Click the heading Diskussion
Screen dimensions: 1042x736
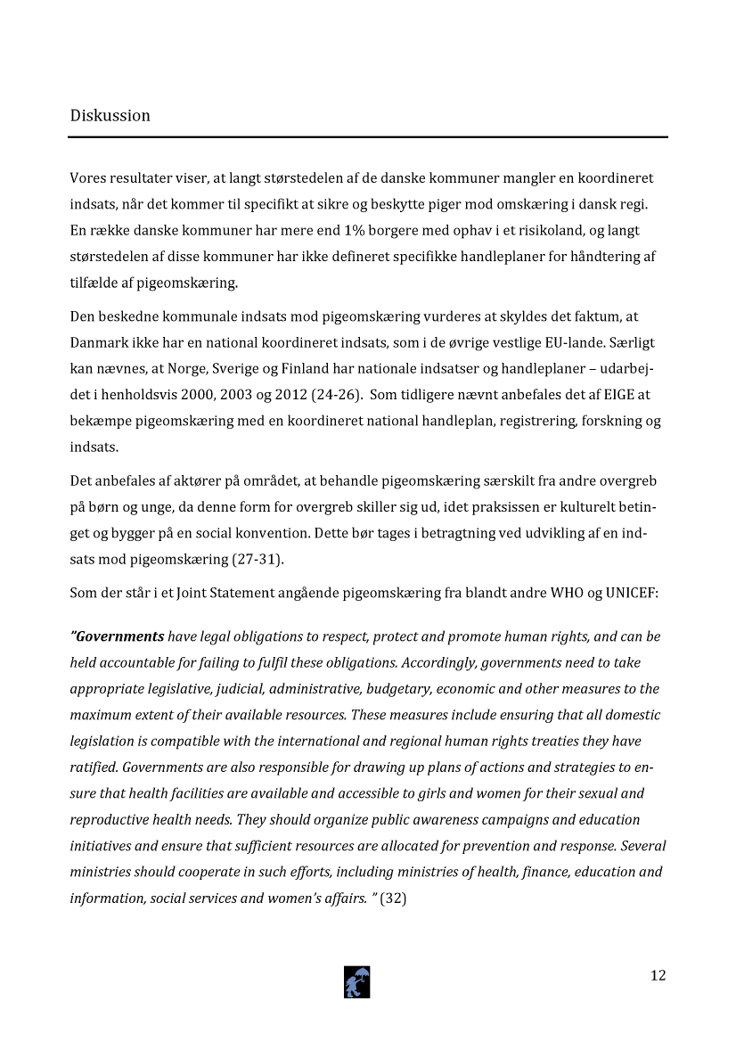point(110,116)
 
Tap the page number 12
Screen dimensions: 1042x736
point(658,975)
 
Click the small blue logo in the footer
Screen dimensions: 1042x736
point(357,981)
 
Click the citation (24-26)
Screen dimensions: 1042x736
point(336,395)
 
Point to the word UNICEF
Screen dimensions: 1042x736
point(631,593)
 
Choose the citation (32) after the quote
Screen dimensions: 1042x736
point(393,898)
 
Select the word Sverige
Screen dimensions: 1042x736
point(295,369)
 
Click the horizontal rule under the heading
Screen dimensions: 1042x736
point(368,137)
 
